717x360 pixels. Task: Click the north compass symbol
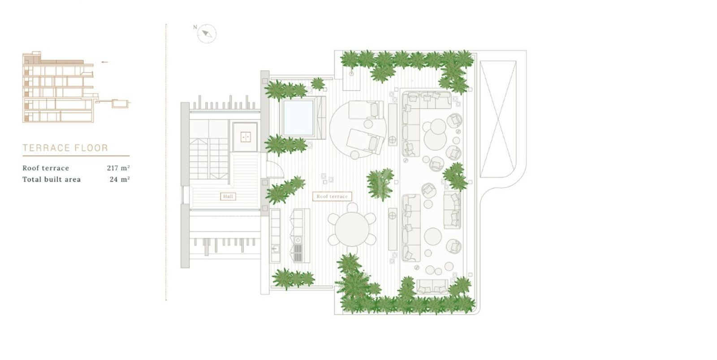pos(207,34)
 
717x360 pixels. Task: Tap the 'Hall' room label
pos(228,196)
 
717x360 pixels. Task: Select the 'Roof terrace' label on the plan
pos(332,196)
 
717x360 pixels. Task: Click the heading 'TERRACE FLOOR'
pos(65,148)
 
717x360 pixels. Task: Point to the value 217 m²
pos(118,168)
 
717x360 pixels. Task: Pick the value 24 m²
pos(120,179)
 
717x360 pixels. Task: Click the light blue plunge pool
pos(298,118)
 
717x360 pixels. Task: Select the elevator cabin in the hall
pos(245,137)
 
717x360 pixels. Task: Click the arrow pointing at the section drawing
pos(105,62)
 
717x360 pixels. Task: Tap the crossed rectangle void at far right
pos(498,119)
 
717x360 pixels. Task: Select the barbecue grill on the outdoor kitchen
pos(298,253)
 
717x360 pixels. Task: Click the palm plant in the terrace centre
pos(380,184)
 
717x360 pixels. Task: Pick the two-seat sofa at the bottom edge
pos(432,287)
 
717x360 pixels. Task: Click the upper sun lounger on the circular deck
pos(366,110)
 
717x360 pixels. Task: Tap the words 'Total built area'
pos(52,179)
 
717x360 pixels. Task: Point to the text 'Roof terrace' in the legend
pos(46,168)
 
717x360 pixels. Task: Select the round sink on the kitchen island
pos(298,240)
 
